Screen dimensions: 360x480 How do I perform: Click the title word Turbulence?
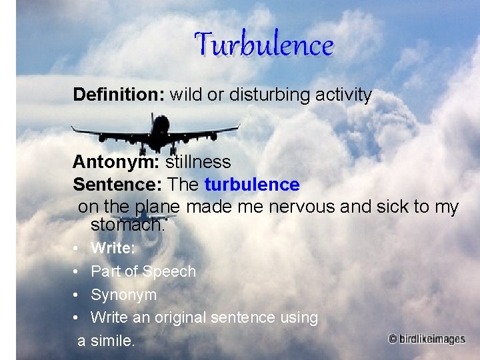coord(263,45)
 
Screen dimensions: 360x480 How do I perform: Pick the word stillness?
coord(198,162)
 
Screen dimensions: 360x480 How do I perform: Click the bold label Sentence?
coord(118,184)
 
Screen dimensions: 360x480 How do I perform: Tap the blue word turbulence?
coord(252,184)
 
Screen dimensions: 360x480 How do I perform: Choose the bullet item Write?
coord(113,249)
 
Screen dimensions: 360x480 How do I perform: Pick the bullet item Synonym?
coord(123,295)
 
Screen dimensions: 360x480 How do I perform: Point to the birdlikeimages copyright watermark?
coord(427,339)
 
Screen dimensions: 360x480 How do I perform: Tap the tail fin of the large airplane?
coord(153,122)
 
